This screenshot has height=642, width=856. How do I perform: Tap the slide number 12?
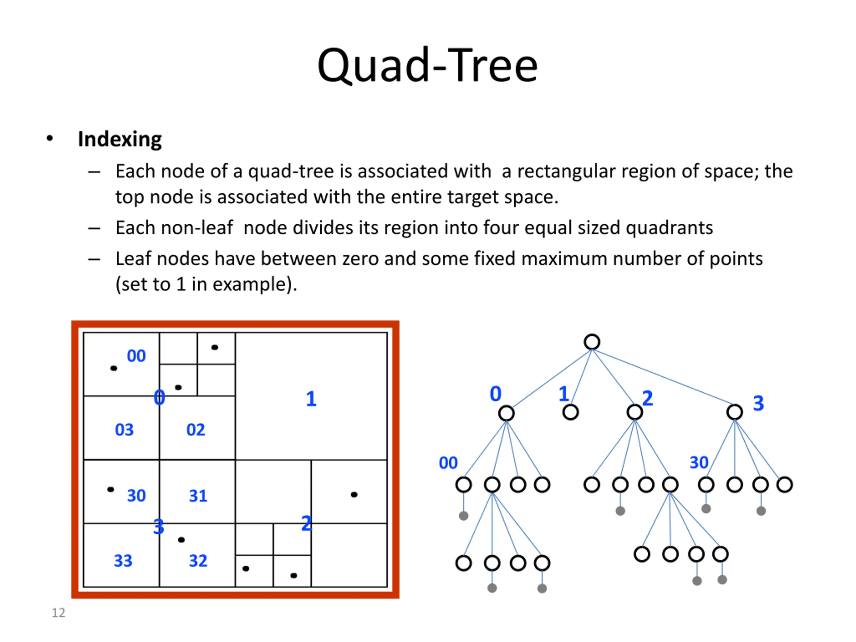coord(59,613)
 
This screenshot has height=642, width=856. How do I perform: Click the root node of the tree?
coord(592,342)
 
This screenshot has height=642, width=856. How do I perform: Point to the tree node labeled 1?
coord(570,412)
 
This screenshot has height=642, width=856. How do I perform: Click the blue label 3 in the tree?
coord(758,403)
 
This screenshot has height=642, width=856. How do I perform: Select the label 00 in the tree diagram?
coord(448,463)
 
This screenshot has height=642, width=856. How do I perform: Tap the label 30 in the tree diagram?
coord(699,462)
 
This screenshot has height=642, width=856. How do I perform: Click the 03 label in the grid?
coord(124,430)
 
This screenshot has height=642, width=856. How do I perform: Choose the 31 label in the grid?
coord(198,496)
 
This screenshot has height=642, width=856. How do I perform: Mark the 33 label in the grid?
coord(123,561)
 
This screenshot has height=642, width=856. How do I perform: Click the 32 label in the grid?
coord(198,561)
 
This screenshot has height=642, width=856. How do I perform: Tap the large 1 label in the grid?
coord(311,399)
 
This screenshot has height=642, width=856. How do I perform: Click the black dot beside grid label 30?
coord(111,490)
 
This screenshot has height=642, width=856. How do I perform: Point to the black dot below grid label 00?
coord(114,368)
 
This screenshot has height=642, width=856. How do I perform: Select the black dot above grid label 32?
coord(181,539)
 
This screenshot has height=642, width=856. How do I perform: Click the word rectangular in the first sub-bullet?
coord(566,172)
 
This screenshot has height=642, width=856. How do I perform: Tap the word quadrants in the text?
coord(669,228)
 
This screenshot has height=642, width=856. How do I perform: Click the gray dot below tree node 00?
coord(463,516)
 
